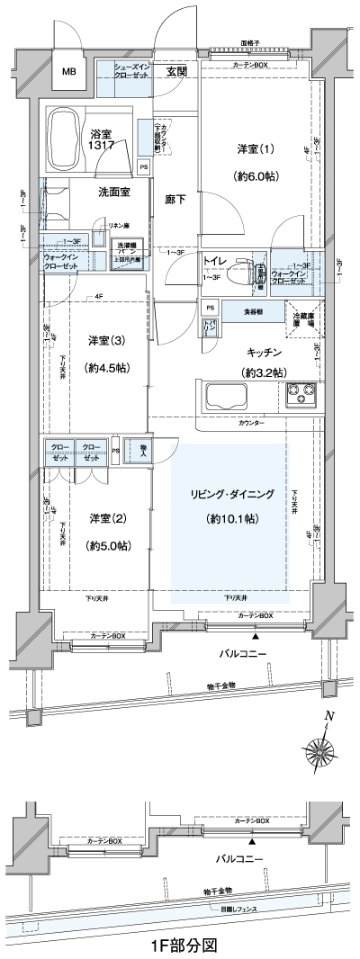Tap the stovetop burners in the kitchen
pyautogui.click(x=299, y=394)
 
